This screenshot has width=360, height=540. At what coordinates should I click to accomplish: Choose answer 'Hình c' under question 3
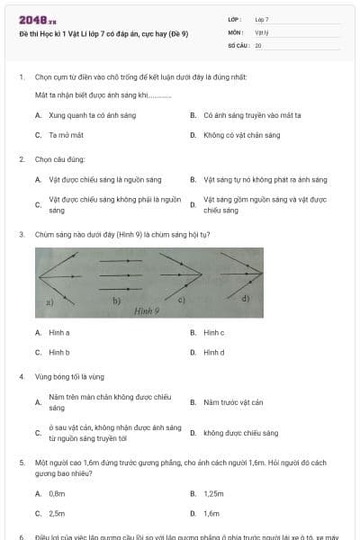pyautogui.click(x=213, y=332)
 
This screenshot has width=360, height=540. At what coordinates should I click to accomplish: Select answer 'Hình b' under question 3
pyautogui.click(x=59, y=352)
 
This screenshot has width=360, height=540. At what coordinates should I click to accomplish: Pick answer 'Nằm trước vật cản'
pyautogui.click(x=233, y=402)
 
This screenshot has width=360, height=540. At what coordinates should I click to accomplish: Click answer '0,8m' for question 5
pyautogui.click(x=57, y=493)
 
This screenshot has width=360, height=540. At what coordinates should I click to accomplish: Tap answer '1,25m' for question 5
pyautogui.click(x=213, y=493)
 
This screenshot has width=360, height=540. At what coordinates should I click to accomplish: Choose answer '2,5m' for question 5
pyautogui.click(x=57, y=513)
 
